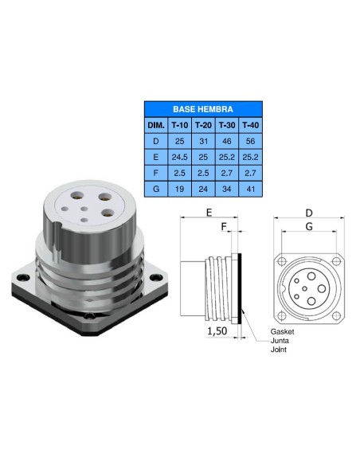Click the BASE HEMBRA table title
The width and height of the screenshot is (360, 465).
point(204,109)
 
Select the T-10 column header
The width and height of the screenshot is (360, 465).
point(180,126)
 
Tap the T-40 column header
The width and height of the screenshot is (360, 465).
point(250,126)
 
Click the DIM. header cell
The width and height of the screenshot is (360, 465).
point(156,126)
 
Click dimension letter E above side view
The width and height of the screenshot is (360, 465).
point(209,213)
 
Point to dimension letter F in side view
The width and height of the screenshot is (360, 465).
point(225,227)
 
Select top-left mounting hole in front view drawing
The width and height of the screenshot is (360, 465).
point(281,261)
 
